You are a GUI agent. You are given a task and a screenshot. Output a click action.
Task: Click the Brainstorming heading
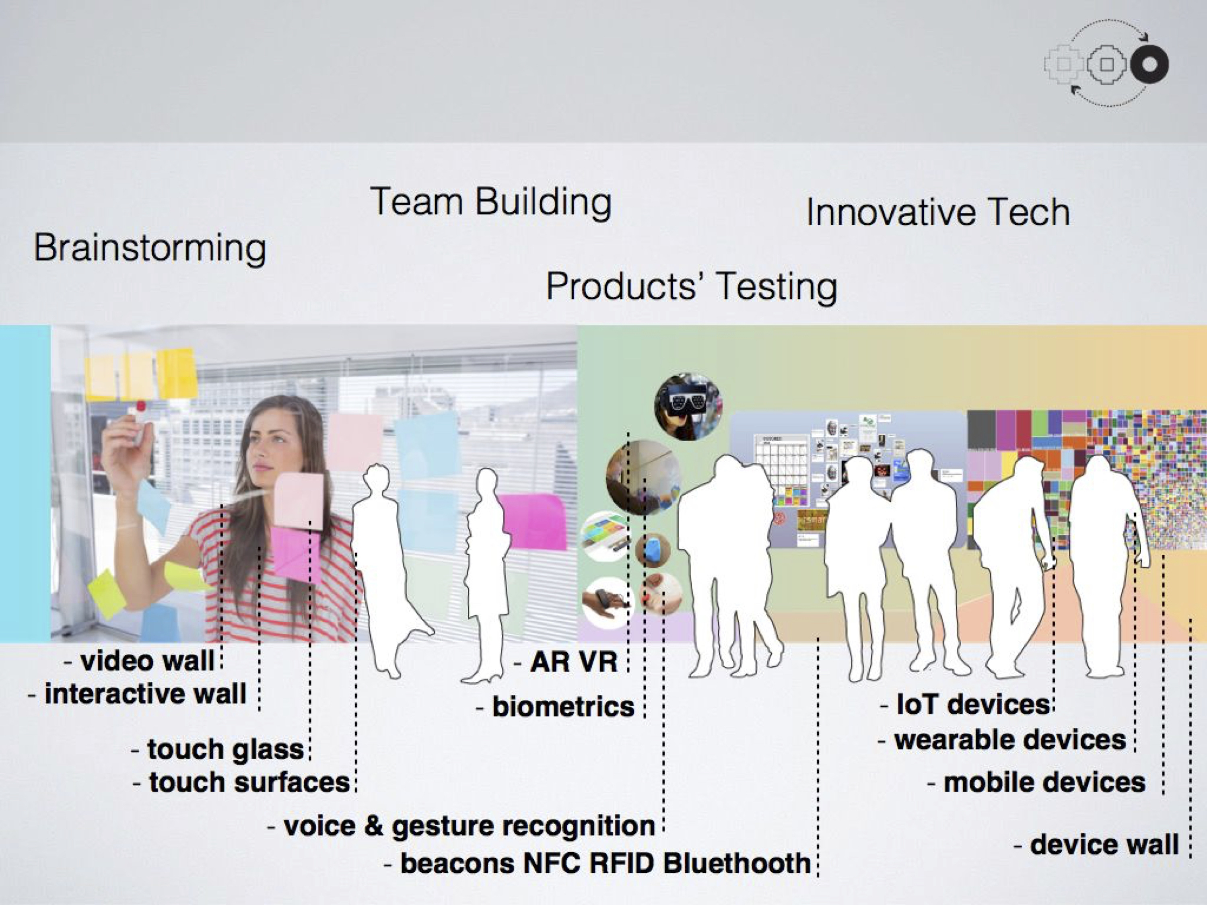click(x=150, y=248)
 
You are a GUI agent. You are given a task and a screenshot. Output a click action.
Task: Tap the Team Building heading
click(x=490, y=202)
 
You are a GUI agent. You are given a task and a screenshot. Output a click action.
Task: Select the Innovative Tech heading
click(x=937, y=212)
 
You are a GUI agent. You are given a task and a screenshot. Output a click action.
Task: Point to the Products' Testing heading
click(x=691, y=286)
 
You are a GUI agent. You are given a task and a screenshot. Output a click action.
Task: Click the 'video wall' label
click(x=146, y=661)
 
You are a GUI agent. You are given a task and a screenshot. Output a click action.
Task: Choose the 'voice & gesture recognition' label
click(x=469, y=826)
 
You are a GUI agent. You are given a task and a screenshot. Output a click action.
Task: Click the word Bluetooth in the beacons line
click(x=737, y=864)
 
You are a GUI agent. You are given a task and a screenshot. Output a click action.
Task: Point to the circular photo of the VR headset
click(x=689, y=406)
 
